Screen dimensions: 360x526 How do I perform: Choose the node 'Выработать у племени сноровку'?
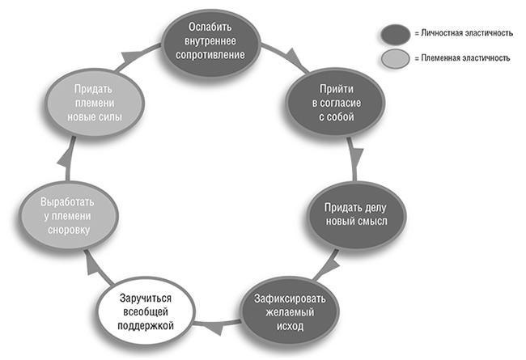coord(68,215)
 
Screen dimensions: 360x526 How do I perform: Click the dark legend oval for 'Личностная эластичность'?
coord(397,33)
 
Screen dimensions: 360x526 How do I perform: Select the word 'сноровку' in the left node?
coord(68,230)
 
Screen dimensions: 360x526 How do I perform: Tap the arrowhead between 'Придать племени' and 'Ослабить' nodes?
coord(130,55)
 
